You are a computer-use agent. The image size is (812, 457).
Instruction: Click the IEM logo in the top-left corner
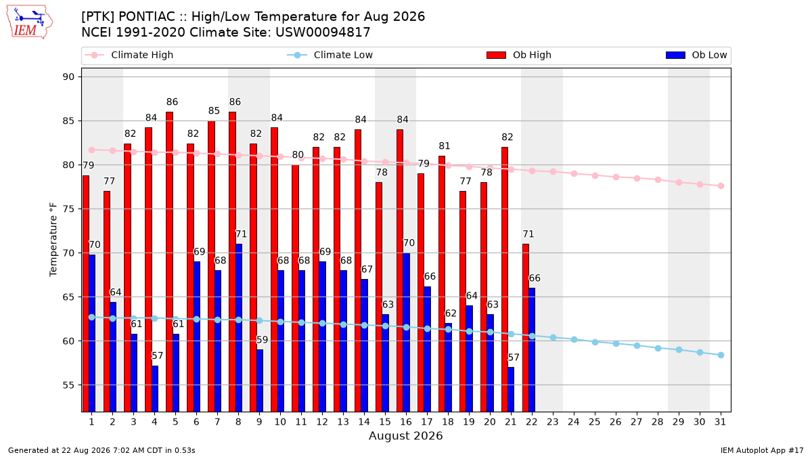point(30,22)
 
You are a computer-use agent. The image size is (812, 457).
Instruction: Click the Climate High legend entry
point(129,55)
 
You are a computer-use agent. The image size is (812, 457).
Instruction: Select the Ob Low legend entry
point(696,55)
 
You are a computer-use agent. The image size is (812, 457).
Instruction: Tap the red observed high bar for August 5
point(169,262)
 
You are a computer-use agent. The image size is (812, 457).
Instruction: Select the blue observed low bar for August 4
point(155,389)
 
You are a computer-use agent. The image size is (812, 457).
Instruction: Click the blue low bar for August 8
point(238,328)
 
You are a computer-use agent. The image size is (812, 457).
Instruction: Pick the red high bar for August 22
point(526,328)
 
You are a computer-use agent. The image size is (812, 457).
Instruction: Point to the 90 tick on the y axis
point(68,77)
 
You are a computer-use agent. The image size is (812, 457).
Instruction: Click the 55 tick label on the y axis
point(68,385)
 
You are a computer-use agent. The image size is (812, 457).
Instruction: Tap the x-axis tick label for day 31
point(720,422)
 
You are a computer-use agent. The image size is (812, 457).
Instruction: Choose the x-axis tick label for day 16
point(406,422)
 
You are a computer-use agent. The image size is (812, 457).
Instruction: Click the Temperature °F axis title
point(53,240)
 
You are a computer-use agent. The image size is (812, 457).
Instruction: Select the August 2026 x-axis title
point(405,435)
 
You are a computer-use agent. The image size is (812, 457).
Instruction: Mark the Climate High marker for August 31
point(721,186)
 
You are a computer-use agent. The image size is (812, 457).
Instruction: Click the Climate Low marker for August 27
point(637,346)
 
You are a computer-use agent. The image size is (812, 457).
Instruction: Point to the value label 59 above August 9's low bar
point(262,340)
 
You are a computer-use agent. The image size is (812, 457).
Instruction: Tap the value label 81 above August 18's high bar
point(445,146)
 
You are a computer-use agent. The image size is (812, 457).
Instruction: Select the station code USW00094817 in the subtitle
point(323,32)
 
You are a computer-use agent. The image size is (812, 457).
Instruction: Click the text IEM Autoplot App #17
point(762,450)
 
